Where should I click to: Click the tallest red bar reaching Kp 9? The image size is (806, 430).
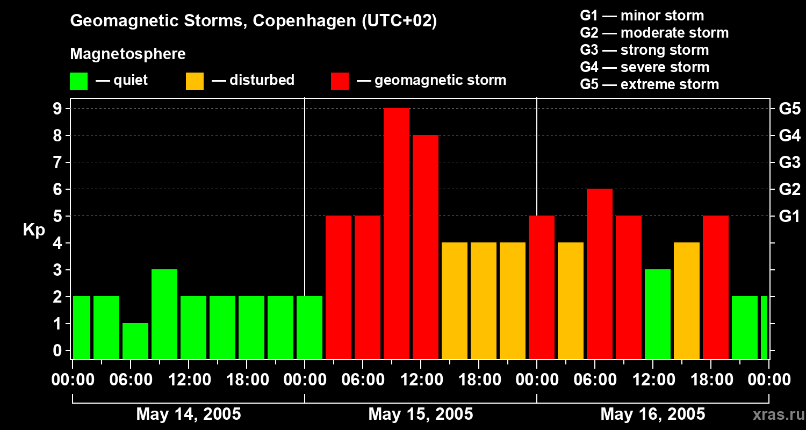tap(397, 233)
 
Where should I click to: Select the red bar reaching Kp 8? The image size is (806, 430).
tap(426, 247)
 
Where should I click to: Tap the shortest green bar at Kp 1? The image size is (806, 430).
tap(135, 341)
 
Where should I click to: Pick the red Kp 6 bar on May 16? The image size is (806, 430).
tap(600, 274)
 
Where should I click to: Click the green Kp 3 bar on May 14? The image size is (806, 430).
tap(164, 314)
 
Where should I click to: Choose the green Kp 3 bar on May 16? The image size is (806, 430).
tap(658, 314)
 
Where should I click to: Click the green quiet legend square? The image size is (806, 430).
tap(79, 81)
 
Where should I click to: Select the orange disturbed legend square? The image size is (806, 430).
tap(195, 81)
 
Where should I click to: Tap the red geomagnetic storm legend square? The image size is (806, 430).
tap(340, 81)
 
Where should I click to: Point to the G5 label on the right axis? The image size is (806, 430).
tap(789, 109)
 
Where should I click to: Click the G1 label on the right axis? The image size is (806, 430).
tap(789, 217)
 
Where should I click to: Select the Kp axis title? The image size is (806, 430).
tap(34, 230)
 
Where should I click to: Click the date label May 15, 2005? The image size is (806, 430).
tap(421, 414)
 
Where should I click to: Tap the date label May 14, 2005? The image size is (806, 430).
tap(189, 414)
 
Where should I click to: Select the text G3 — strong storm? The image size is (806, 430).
tap(644, 50)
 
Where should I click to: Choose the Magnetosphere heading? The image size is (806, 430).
tap(128, 54)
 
